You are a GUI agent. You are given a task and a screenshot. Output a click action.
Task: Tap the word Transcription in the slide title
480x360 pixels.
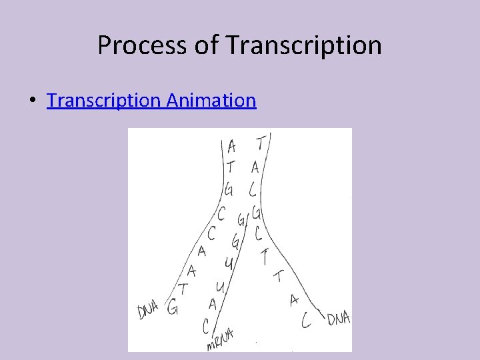coord(304,45)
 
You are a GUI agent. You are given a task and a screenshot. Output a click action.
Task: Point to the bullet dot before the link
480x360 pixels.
coord(32,101)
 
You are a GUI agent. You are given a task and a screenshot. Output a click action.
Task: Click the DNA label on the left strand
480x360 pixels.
coord(148,309)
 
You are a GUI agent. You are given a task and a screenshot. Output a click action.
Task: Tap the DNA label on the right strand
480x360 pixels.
coord(339,320)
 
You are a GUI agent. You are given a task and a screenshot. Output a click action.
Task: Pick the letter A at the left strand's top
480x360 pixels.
coord(231,145)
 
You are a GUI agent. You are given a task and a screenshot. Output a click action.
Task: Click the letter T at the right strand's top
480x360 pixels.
coord(259,141)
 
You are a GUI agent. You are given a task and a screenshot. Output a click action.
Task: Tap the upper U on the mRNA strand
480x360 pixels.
coord(228,264)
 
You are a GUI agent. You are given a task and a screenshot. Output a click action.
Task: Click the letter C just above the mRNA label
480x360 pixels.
coord(207,325)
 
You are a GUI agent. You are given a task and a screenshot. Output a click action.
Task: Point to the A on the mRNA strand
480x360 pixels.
coord(213,304)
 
